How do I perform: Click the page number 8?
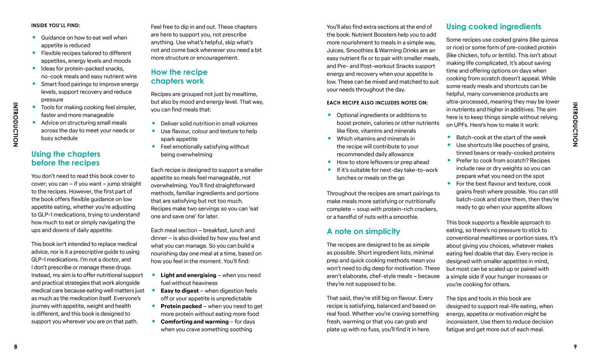point(16,347)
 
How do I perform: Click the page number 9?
point(575,347)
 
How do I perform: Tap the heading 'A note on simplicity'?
point(363,231)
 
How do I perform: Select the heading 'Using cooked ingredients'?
point(493,27)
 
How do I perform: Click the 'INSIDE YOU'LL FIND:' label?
point(56,26)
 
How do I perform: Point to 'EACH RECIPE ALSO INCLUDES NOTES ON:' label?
point(377,103)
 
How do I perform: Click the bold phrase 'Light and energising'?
point(188,275)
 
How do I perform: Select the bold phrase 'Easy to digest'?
point(180,291)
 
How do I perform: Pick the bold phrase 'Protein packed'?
point(181,306)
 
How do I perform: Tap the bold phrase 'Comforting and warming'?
point(194,321)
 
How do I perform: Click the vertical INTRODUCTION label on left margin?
point(15,125)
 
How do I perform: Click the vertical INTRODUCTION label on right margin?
point(575,125)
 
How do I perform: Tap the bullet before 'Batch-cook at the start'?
point(449,137)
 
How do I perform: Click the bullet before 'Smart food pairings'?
point(34,84)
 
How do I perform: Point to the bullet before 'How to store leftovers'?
point(329,162)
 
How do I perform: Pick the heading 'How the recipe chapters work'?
point(179,76)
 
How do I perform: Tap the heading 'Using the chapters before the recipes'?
point(66,159)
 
